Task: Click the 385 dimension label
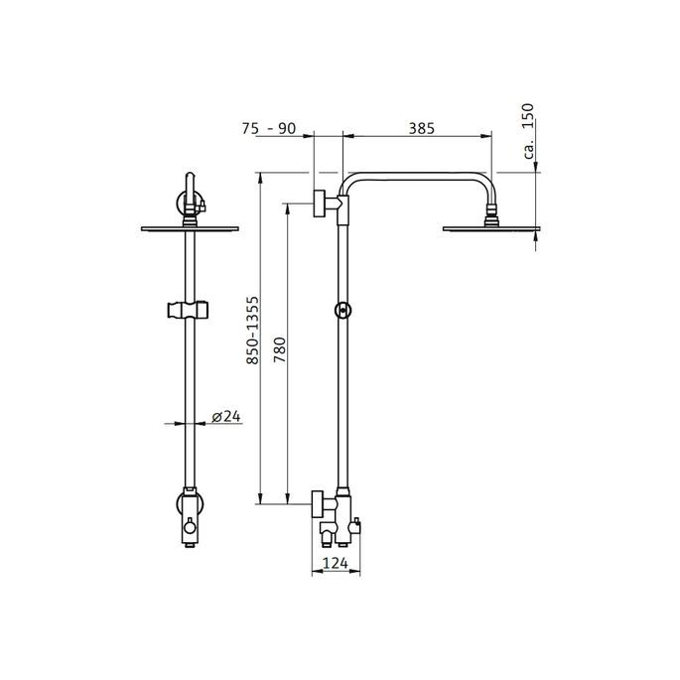[x=417, y=128]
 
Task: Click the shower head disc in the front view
[x=188, y=227]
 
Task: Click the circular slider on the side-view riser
[x=341, y=311]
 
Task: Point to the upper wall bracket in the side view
[x=324, y=204]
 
